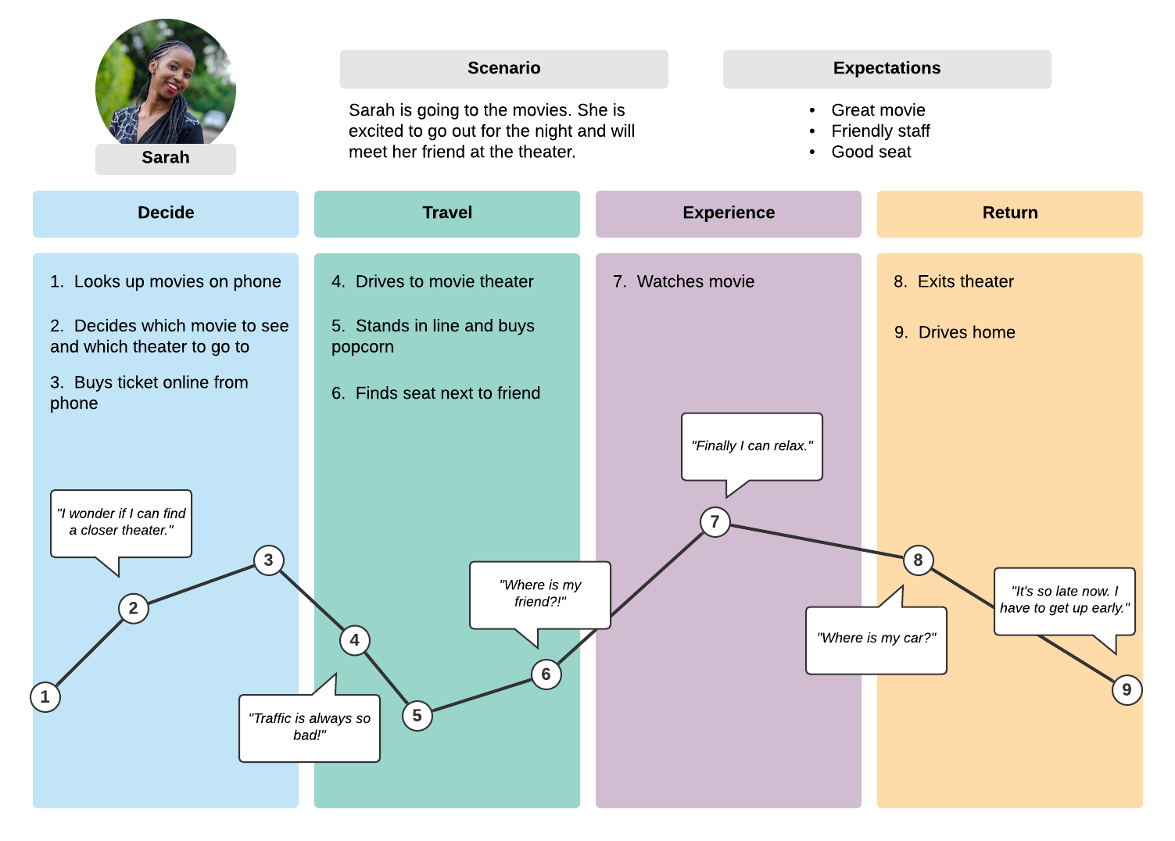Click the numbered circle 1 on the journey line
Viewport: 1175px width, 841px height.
coord(45,696)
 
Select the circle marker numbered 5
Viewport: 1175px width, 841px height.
coord(417,715)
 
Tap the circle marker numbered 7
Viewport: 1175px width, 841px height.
coord(715,521)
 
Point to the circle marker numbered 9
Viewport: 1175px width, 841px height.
coord(1127,689)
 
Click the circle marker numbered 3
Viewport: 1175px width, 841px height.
coord(268,560)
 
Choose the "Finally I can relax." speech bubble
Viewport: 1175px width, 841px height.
coord(751,446)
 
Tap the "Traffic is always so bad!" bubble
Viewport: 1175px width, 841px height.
coord(310,727)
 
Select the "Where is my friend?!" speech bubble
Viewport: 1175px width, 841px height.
coord(539,594)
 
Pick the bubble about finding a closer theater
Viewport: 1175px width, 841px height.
coord(121,522)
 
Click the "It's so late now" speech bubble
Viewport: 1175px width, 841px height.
coord(1064,600)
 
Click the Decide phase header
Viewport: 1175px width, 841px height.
coord(166,213)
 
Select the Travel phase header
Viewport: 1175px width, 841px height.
coord(447,213)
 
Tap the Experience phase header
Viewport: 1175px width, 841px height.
coord(729,213)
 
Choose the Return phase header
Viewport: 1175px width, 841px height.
coord(1010,213)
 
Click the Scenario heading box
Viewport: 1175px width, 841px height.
coord(503,69)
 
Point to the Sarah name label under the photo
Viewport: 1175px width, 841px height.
coord(166,158)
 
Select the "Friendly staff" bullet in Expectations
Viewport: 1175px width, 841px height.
coord(880,131)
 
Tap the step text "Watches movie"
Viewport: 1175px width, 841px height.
coord(695,281)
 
